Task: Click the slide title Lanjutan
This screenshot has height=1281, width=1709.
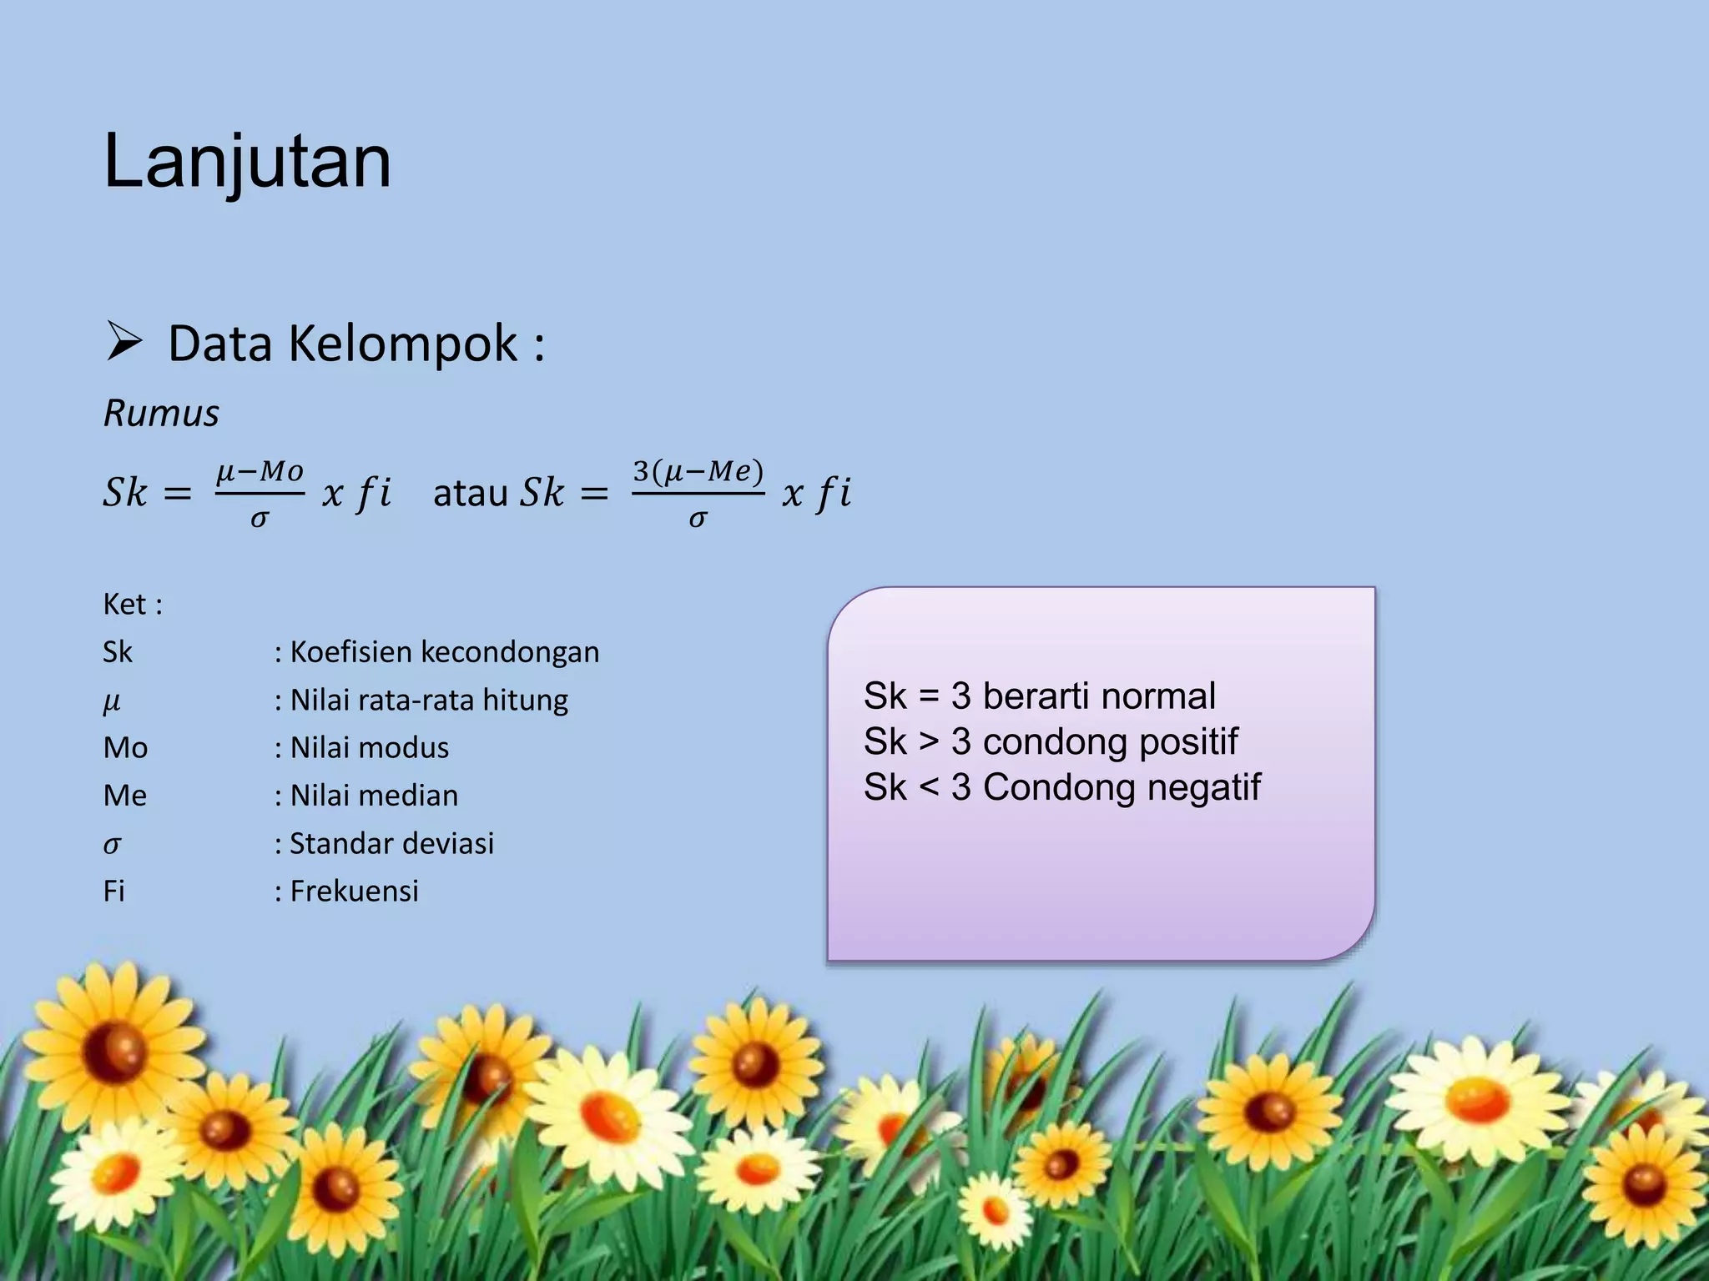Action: [247, 163]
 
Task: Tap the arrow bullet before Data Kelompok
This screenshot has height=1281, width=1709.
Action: [124, 343]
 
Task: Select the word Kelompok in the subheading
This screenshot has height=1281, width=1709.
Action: [403, 344]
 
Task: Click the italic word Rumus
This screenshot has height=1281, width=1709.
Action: [161, 414]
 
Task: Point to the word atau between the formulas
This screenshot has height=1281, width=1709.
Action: [471, 493]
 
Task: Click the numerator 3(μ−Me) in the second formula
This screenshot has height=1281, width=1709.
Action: [698, 472]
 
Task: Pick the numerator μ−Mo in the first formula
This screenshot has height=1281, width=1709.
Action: [260, 472]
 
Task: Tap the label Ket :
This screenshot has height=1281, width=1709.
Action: [133, 604]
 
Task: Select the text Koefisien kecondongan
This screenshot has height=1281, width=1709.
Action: [444, 652]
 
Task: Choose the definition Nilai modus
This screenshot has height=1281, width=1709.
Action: [369, 748]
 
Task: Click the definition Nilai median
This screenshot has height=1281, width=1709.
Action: [374, 796]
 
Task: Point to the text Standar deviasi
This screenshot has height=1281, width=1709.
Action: [391, 843]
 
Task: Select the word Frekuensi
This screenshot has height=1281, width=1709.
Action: [354, 892]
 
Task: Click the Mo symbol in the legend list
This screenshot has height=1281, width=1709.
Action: [125, 748]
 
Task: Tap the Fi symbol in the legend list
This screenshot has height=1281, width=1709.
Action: [114, 892]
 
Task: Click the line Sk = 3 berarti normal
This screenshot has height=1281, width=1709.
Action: [1039, 696]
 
